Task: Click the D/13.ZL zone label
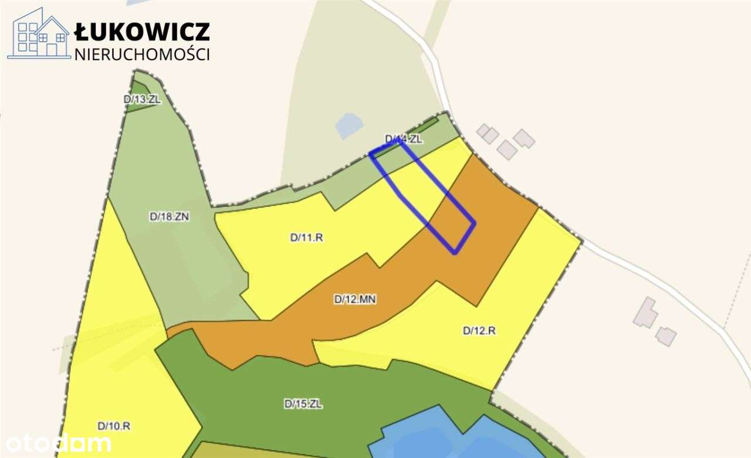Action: click(x=142, y=99)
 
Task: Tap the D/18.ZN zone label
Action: click(x=170, y=216)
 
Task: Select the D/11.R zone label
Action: click(x=307, y=238)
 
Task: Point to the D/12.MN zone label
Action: click(x=355, y=299)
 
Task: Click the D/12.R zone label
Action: click(x=479, y=330)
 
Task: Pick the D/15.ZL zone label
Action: click(x=303, y=403)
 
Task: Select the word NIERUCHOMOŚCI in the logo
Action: click(x=142, y=54)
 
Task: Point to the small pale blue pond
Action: click(x=349, y=125)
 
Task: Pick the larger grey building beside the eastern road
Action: click(x=645, y=313)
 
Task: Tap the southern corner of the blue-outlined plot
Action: click(x=455, y=253)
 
